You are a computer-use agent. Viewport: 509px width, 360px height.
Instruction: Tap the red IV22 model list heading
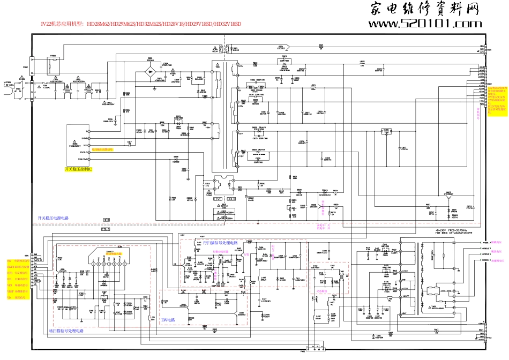click(141, 24)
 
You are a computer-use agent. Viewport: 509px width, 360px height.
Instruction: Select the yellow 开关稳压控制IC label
click(79, 169)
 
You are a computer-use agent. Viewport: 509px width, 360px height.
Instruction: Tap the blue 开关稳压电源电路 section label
click(53, 218)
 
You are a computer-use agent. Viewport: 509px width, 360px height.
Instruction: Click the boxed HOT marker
click(107, 220)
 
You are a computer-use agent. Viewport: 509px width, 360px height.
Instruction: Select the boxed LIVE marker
click(218, 199)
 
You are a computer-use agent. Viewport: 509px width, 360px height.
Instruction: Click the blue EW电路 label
click(168, 319)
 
